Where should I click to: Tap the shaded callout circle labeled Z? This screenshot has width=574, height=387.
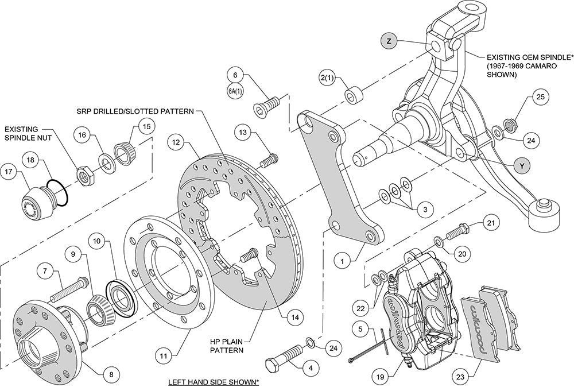(x=389, y=41)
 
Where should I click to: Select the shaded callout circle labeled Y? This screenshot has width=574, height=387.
(x=521, y=165)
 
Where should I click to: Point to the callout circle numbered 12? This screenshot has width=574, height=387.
(x=176, y=140)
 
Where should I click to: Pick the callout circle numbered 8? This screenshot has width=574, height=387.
(x=111, y=373)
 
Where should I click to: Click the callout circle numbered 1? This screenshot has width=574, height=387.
(x=342, y=261)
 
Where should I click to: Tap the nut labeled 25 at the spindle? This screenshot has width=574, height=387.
(x=509, y=125)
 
